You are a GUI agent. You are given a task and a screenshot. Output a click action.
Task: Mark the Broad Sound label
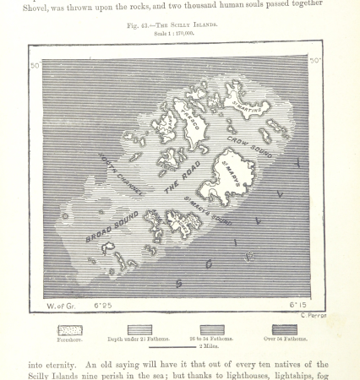click(112, 225)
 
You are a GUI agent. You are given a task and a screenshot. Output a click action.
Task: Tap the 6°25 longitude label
click(102, 306)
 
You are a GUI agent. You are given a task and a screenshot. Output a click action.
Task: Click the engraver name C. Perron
click(313, 314)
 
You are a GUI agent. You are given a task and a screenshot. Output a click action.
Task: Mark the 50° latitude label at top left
click(35, 66)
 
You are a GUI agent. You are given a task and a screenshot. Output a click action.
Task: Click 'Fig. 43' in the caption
click(138, 25)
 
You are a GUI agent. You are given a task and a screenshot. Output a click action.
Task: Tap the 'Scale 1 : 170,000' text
click(173, 34)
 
